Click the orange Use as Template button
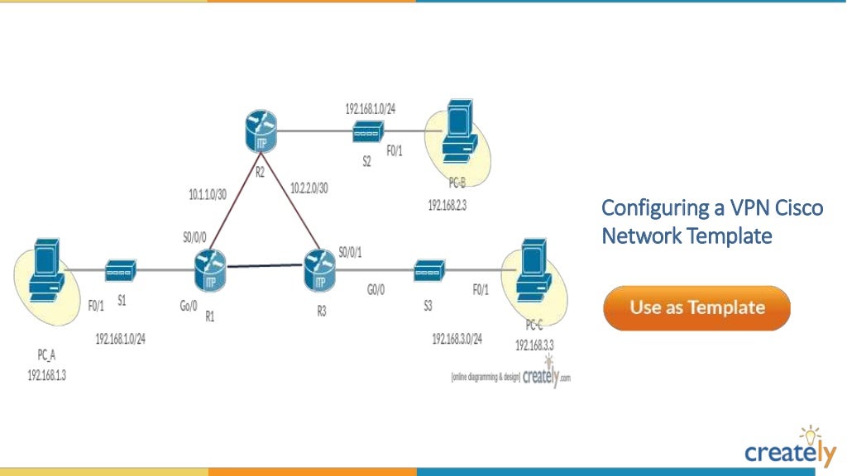(696, 307)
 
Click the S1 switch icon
(121, 269)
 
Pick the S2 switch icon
(367, 131)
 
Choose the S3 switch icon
(428, 269)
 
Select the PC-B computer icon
(457, 132)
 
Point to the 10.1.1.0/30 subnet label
(208, 195)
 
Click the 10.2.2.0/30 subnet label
(309, 188)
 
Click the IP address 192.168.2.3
(447, 205)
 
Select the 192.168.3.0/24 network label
(457, 339)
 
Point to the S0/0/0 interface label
(195, 237)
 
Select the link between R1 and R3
(264, 266)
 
